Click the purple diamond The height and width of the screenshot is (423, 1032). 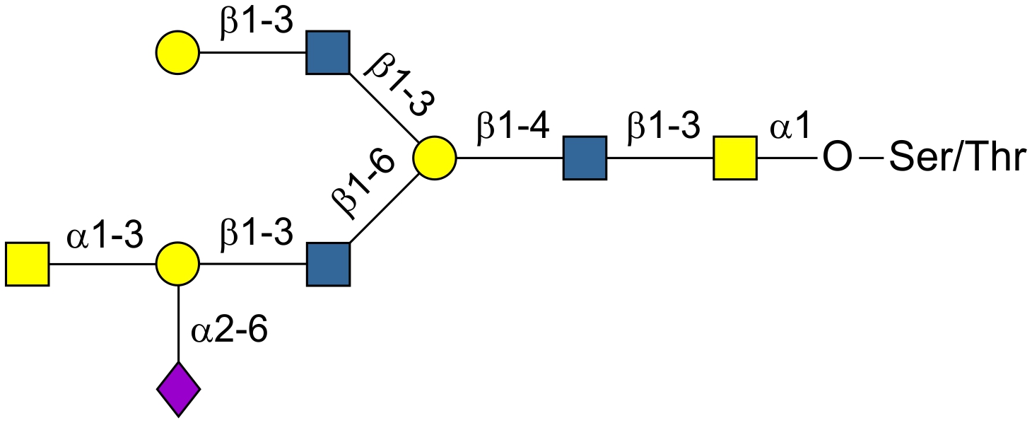click(x=178, y=388)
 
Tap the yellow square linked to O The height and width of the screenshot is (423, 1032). click(x=734, y=158)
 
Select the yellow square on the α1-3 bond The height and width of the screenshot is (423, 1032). click(x=27, y=264)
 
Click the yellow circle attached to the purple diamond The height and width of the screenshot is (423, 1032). click(x=178, y=264)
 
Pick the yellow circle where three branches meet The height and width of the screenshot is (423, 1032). click(x=435, y=158)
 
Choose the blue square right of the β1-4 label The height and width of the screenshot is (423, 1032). click(x=585, y=158)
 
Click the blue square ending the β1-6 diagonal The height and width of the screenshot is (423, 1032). click(x=328, y=264)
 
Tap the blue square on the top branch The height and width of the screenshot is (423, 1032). click(x=328, y=52)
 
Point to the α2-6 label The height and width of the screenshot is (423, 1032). click(x=230, y=330)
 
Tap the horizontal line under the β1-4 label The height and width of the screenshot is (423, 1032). click(x=510, y=158)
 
